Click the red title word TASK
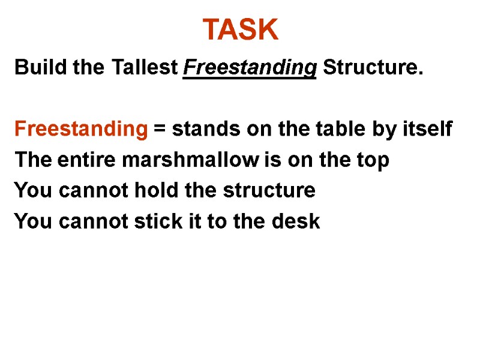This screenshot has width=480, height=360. (240, 29)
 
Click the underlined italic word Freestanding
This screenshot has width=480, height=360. (249, 68)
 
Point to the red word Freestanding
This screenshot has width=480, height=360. (80, 129)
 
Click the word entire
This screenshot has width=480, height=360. (80, 160)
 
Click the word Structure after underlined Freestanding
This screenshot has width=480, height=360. (372, 68)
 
